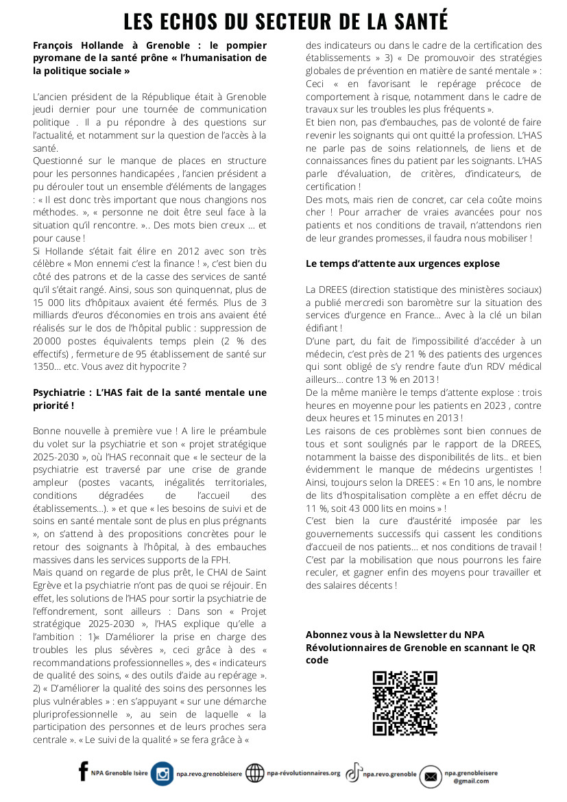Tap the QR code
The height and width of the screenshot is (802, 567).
click(405, 703)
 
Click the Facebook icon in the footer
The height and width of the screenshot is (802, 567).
click(84, 772)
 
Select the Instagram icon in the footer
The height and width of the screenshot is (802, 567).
click(162, 773)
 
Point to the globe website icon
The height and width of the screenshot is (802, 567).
click(254, 773)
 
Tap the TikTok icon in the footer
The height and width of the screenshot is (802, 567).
click(353, 773)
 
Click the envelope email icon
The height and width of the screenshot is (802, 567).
click(431, 777)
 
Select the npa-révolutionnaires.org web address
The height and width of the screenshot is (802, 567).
click(303, 773)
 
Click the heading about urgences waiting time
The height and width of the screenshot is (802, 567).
click(402, 263)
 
